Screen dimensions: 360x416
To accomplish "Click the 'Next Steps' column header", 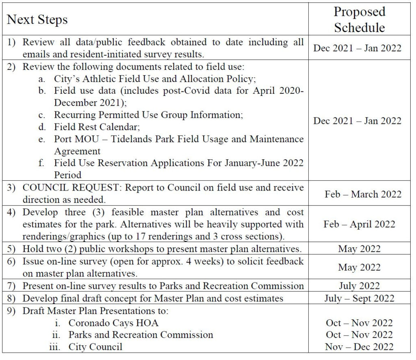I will (37, 20).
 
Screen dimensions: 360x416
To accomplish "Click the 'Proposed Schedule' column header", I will (359, 20).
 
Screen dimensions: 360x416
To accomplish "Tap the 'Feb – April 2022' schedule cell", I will (359, 224).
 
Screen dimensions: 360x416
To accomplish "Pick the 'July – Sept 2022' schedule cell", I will (359, 298).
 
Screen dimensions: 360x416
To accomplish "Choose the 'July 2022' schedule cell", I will (359, 286).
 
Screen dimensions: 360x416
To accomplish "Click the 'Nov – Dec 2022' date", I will (359, 347).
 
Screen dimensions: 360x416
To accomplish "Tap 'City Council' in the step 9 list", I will (95, 347).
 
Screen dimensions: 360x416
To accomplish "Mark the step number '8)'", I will (13, 298).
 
